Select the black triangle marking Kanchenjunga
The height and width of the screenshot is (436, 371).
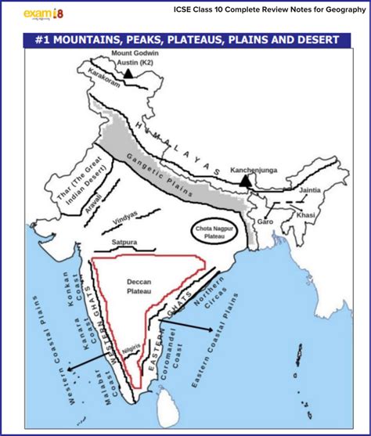coord(247,180)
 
